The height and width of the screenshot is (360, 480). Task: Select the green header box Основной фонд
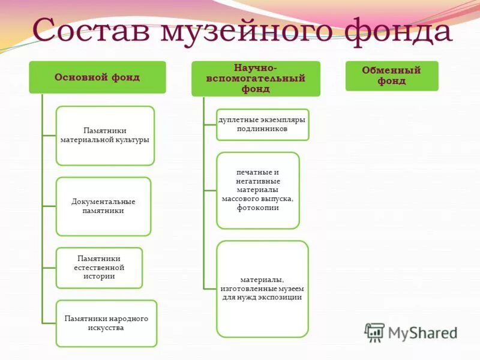pyautogui.click(x=97, y=77)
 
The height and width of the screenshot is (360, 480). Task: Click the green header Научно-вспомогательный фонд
pyautogui.click(x=256, y=79)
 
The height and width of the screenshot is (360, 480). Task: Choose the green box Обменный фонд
pyautogui.click(x=391, y=76)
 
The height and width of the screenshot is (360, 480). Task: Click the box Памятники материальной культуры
pyautogui.click(x=105, y=135)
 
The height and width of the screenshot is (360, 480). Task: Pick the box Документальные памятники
pyautogui.click(x=103, y=206)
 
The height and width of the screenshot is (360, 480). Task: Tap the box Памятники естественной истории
pyautogui.click(x=99, y=268)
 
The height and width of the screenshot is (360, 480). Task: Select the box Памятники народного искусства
pyautogui.click(x=106, y=323)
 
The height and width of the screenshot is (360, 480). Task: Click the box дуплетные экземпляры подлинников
pyautogui.click(x=262, y=124)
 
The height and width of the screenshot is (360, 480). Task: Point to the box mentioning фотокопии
pyautogui.click(x=257, y=190)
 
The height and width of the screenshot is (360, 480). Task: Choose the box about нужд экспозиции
pyautogui.click(x=262, y=289)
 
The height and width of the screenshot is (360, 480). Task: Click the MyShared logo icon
pyautogui.click(x=374, y=332)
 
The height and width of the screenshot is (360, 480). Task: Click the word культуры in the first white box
pyautogui.click(x=133, y=140)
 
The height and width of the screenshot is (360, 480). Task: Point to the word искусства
pyautogui.click(x=106, y=328)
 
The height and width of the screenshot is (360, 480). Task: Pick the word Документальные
pyautogui.click(x=103, y=202)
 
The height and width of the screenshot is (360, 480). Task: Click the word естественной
pyautogui.click(x=99, y=268)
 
